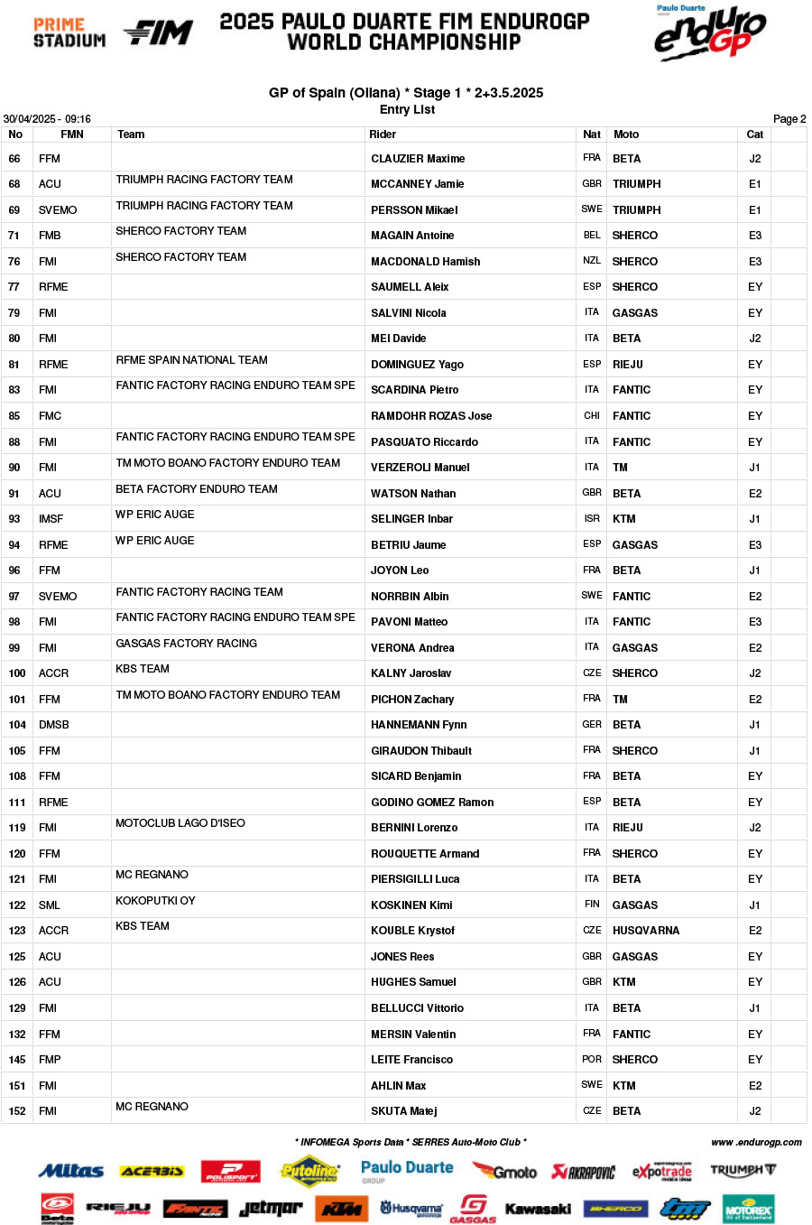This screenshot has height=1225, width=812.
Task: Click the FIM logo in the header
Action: pos(159,33)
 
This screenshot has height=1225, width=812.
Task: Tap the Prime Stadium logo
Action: pos(69,32)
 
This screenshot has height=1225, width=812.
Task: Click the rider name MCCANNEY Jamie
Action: pos(417,184)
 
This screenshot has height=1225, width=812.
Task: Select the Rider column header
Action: pos(383,135)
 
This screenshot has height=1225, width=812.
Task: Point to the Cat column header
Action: pos(754,135)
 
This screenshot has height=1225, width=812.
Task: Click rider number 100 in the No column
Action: pos(17,673)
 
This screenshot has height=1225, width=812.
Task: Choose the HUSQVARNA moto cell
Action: pos(645,931)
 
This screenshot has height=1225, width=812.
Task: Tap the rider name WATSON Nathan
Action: pos(413,494)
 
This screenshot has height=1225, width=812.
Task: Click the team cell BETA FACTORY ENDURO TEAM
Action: pos(197,489)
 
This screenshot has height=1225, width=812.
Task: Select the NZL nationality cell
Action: pos(591,261)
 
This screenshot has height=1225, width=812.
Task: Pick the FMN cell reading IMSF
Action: pos(51,519)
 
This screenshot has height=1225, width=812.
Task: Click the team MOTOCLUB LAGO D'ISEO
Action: pos(180,823)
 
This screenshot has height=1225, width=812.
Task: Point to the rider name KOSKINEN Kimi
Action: pos(411,905)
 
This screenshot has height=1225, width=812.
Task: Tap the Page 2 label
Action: pos(789,119)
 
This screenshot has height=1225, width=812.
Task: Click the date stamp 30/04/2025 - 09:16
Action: pos(47,119)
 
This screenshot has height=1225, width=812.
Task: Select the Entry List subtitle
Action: pos(407,110)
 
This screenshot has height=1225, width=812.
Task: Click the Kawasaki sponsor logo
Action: pos(538,1209)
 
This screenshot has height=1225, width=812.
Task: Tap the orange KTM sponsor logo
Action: pos(342,1209)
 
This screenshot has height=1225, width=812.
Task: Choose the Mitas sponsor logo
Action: pos(71,1172)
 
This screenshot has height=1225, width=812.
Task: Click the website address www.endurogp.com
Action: pos(756,1142)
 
